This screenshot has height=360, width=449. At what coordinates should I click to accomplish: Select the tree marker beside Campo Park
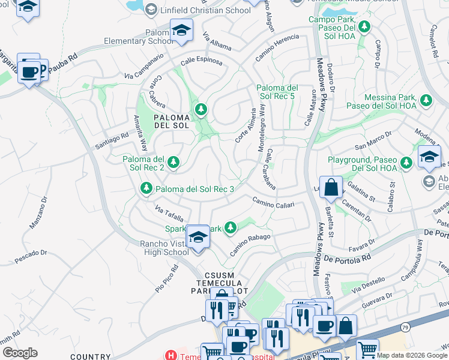tap(364, 26)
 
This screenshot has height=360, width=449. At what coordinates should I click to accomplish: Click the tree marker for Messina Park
tap(426, 100)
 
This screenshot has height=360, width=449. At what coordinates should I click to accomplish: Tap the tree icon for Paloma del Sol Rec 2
tap(173, 161)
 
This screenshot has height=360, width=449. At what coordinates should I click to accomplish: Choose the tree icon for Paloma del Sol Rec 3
tap(146, 189)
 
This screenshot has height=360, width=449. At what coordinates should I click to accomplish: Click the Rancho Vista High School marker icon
tap(197, 237)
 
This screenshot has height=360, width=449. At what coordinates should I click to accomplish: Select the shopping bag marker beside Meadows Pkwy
tap(331, 187)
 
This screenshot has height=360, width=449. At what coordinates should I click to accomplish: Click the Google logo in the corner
tap(20, 352)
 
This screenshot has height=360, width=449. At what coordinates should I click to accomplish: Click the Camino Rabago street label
tap(249, 244)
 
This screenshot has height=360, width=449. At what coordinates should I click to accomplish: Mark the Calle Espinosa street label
tap(201, 62)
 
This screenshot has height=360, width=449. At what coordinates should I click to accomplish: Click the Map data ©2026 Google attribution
tap(412, 355)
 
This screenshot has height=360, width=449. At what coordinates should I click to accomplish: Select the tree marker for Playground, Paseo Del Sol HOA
tap(406, 161)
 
